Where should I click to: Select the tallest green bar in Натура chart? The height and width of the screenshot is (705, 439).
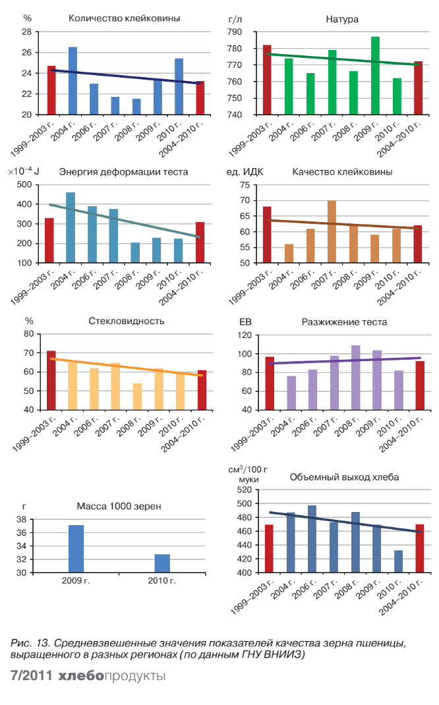[375, 76]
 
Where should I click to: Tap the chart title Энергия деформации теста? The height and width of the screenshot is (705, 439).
[123, 172]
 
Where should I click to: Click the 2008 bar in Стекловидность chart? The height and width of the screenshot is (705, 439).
[137, 396]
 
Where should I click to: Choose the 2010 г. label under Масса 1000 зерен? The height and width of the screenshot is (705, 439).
[162, 581]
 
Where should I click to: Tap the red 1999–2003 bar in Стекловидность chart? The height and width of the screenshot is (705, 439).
[51, 380]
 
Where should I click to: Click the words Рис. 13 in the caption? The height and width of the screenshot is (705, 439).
[28, 642]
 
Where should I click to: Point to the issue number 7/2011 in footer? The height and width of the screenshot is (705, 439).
[30, 677]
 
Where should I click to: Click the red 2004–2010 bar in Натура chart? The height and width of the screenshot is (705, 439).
[418, 88]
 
